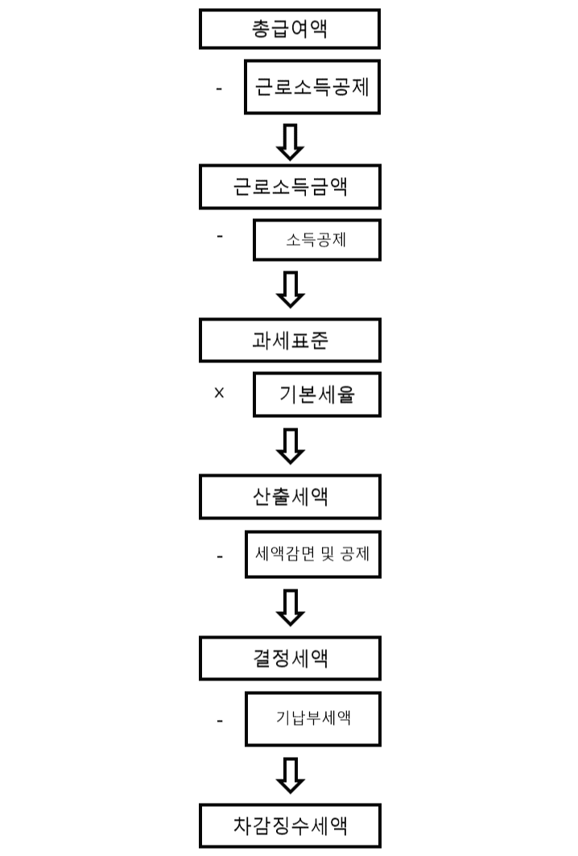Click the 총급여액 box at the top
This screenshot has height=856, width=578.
[290, 29]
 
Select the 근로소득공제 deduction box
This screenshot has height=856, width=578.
[312, 88]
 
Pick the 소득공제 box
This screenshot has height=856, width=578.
[316, 239]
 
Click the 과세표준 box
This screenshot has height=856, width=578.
[290, 341]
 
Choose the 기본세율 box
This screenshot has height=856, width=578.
[316, 395]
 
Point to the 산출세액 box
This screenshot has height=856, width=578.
[290, 497]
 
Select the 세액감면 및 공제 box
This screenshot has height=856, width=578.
[312, 554]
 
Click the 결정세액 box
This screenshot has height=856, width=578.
[290, 658]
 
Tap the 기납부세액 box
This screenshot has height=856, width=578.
[312, 717]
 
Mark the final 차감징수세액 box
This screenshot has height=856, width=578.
[290, 825]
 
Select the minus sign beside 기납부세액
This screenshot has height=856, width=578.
[219, 721]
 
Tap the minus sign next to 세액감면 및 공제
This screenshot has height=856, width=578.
[219, 556]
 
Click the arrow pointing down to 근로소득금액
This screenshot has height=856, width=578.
[290, 142]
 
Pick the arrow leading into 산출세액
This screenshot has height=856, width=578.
[290, 446]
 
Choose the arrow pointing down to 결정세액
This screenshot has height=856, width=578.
[290, 607]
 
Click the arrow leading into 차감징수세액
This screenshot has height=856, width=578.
[290, 775]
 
